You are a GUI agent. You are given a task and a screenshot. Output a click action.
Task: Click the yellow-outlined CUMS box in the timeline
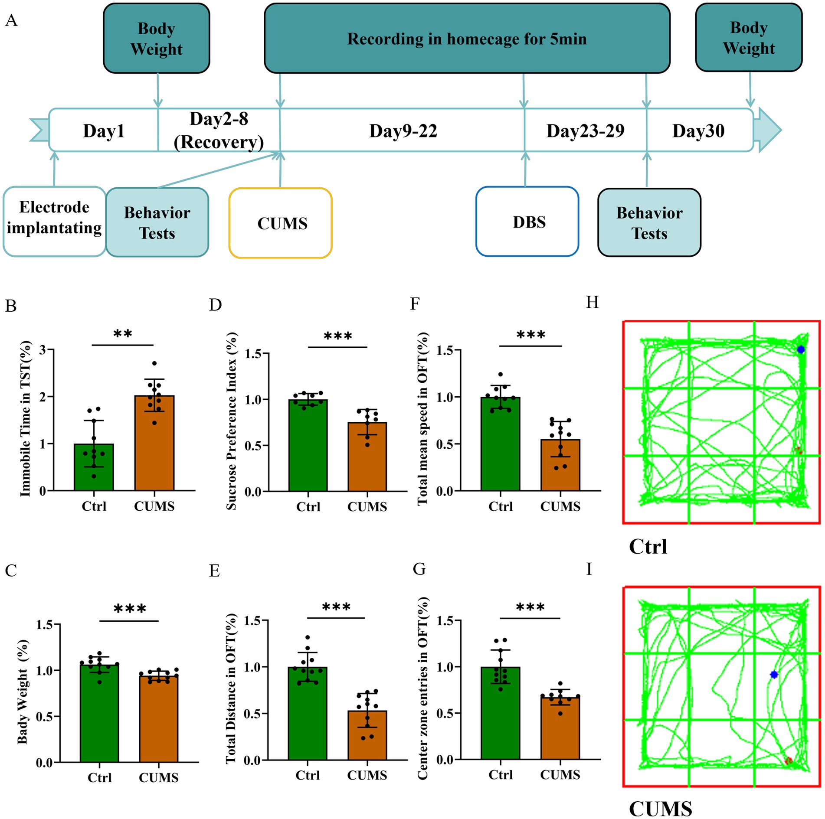click(x=281, y=223)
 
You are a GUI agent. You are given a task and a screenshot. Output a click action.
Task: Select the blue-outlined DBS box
click(x=527, y=222)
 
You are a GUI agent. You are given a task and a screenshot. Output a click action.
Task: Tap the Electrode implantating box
click(x=54, y=222)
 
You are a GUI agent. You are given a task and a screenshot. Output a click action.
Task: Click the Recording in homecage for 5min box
click(x=467, y=39)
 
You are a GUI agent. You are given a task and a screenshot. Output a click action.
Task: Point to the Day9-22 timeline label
click(x=403, y=131)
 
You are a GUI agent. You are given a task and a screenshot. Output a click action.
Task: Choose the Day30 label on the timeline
click(x=698, y=131)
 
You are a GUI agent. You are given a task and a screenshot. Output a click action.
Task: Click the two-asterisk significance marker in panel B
click(x=123, y=334)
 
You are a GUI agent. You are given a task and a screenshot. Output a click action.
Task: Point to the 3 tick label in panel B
click(x=43, y=349)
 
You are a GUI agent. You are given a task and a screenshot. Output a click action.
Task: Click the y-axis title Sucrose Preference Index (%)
click(x=232, y=421)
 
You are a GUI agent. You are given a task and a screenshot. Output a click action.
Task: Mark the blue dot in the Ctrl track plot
click(x=801, y=349)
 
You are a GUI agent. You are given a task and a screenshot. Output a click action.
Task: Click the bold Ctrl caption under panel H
click(x=648, y=546)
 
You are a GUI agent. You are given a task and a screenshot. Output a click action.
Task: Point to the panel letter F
click(x=415, y=303)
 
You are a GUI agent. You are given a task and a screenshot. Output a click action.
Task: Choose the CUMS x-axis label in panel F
click(x=560, y=506)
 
